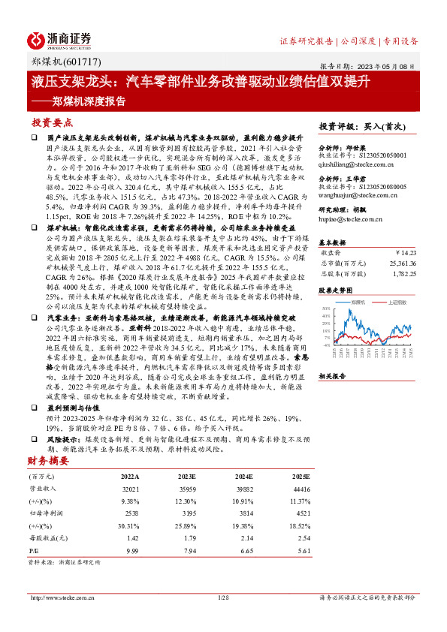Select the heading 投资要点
point(51,122)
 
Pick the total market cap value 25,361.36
point(397,263)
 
